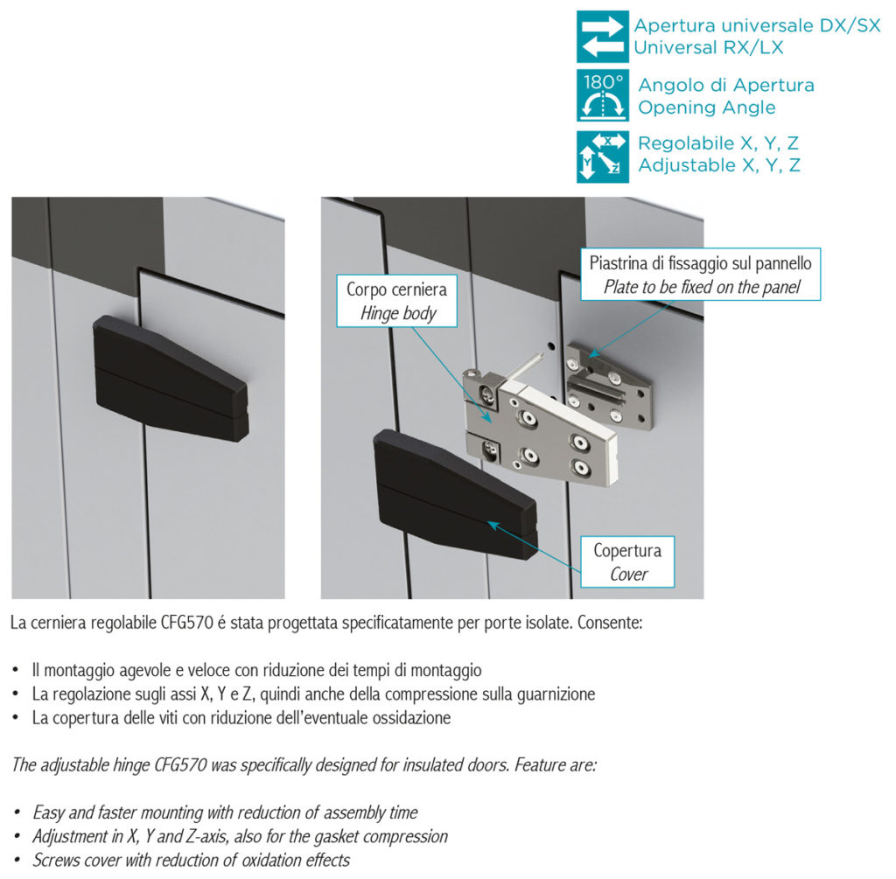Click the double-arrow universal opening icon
click(x=602, y=37)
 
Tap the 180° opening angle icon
click(x=602, y=96)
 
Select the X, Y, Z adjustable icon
click(x=602, y=156)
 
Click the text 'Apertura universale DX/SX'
click(x=756, y=26)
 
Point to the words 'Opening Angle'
click(x=706, y=108)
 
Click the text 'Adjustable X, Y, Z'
click(x=718, y=165)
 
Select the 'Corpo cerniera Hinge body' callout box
click(x=396, y=301)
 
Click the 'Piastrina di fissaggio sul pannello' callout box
click(x=700, y=274)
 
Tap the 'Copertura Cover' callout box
click(x=627, y=562)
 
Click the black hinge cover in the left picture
click(x=171, y=378)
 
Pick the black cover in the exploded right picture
click(x=455, y=492)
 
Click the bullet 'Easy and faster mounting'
click(x=225, y=813)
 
